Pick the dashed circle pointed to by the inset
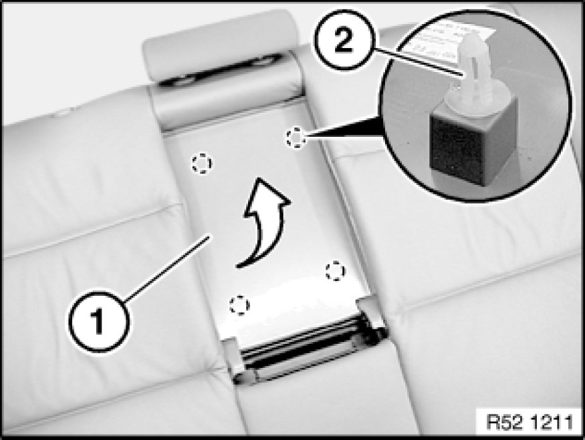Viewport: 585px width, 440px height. (296, 138)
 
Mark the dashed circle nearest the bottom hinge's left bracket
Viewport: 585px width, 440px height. (239, 304)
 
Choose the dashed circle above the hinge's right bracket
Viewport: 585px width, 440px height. (336, 271)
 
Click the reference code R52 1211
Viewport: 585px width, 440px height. (530, 423)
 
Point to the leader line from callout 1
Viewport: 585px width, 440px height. (167, 265)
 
